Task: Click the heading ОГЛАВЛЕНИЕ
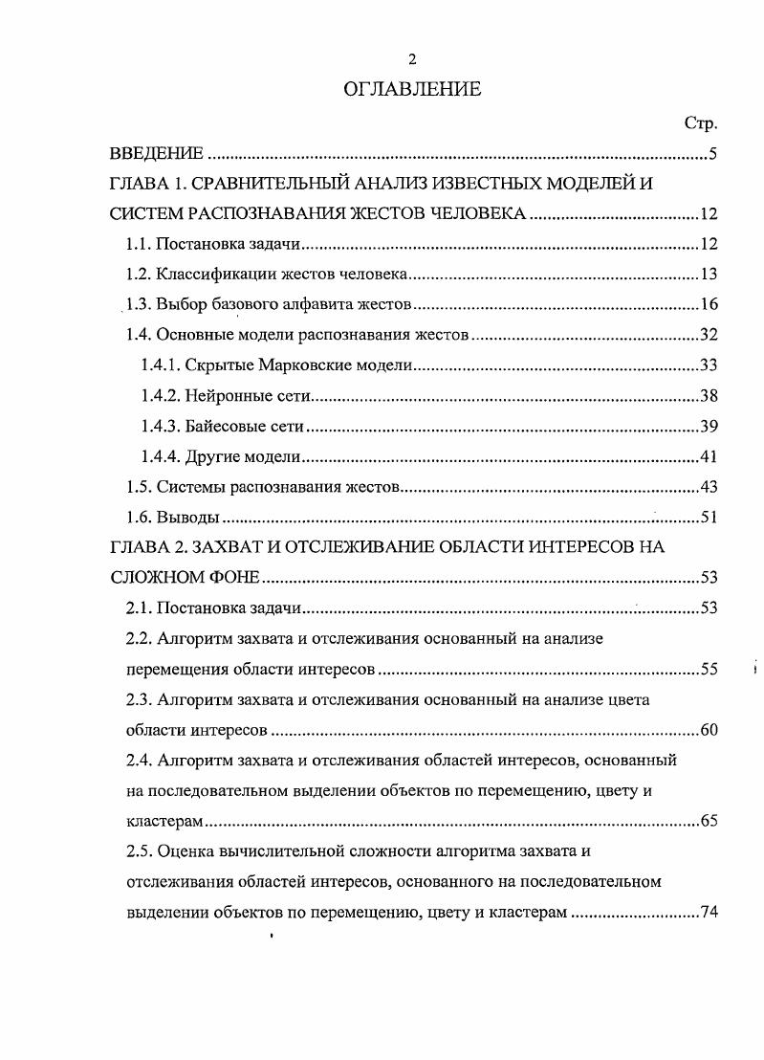tap(412, 90)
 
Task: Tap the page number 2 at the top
tap(412, 59)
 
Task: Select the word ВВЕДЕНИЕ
tap(156, 154)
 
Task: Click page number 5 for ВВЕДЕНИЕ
tap(712, 154)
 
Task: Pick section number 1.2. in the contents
tap(139, 275)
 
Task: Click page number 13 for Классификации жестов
tap(708, 275)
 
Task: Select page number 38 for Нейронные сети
tap(708, 395)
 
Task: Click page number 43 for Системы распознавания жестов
tap(708, 487)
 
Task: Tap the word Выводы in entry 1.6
tap(187, 518)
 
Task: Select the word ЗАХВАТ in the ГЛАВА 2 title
tap(229, 547)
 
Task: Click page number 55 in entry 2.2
tap(708, 669)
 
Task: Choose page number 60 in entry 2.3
tap(708, 730)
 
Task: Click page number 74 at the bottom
tap(708, 912)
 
